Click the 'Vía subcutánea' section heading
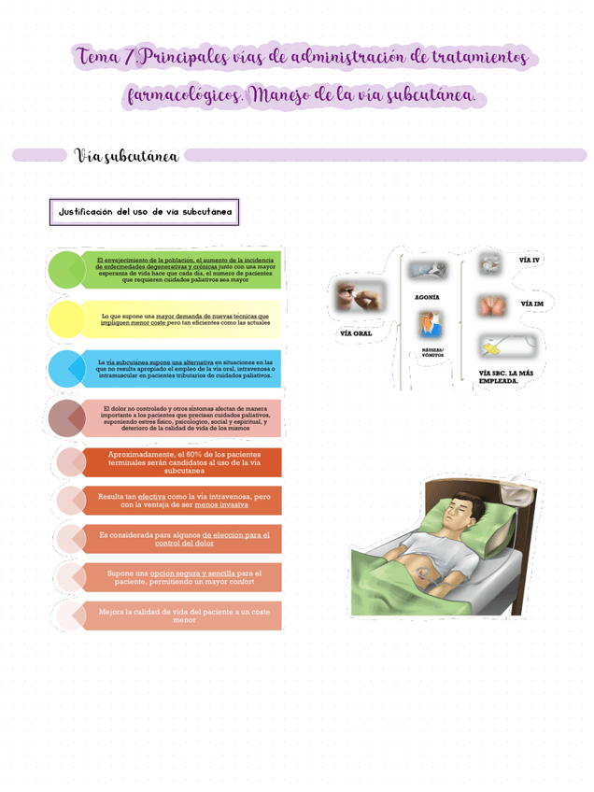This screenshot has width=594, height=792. [126, 155]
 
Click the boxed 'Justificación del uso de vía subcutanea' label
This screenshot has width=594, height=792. [144, 212]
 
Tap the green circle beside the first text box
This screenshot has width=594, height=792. [66, 270]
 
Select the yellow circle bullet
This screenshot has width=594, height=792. [66, 319]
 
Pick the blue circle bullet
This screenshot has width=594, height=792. [66, 369]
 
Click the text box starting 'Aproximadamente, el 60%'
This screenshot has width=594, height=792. [183, 462]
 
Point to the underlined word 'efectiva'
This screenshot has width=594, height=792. [154, 496]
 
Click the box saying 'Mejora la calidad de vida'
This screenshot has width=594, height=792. [183, 615]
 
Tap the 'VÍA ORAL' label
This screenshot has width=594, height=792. [355, 333]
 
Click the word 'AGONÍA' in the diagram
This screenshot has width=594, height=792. [427, 297]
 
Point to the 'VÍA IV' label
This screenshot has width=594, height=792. [530, 260]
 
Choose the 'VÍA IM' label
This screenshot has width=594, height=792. [531, 304]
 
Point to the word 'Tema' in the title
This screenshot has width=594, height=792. [99, 57]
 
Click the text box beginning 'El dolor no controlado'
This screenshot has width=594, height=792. [183, 417]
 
